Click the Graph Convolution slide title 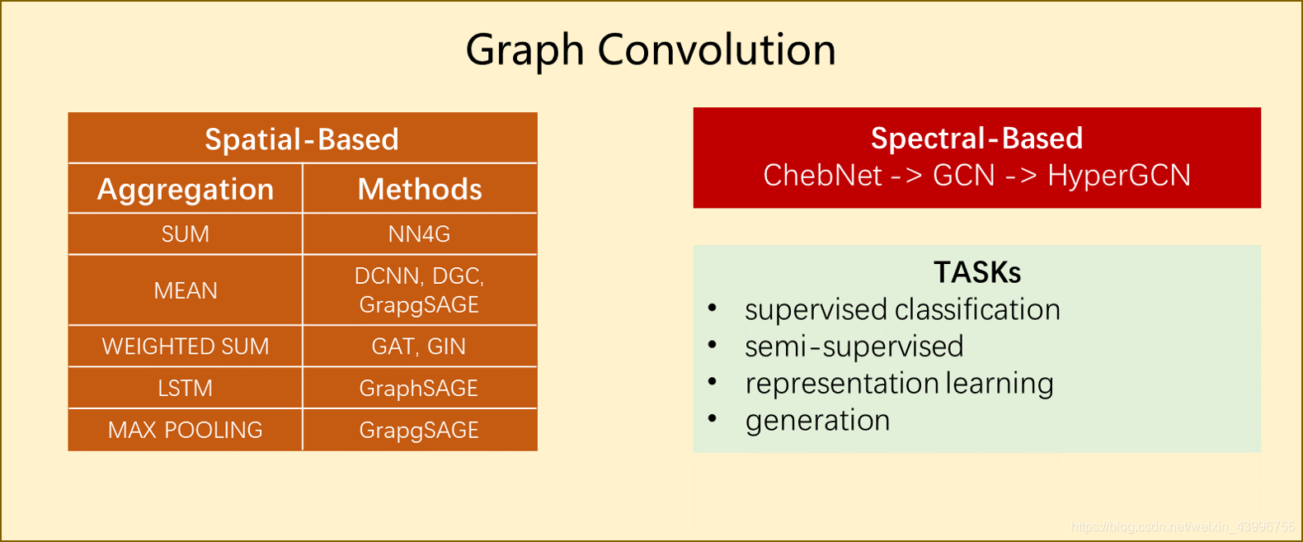[651, 49]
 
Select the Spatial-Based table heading [302, 139]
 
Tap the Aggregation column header [186, 190]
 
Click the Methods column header [420, 190]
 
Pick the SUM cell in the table [186, 234]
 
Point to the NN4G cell [420, 234]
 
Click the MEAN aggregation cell [186, 290]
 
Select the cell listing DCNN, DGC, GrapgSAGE [420, 290]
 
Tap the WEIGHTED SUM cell [186, 346]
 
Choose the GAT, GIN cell [419, 346]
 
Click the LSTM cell [186, 389]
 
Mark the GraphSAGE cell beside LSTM [419, 389]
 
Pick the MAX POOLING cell [186, 431]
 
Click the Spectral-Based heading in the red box [976, 139]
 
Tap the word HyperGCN [1119, 176]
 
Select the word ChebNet [822, 176]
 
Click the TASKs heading [977, 272]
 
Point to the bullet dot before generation [713, 419]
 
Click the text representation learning [899, 384]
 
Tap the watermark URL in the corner [1182, 526]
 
